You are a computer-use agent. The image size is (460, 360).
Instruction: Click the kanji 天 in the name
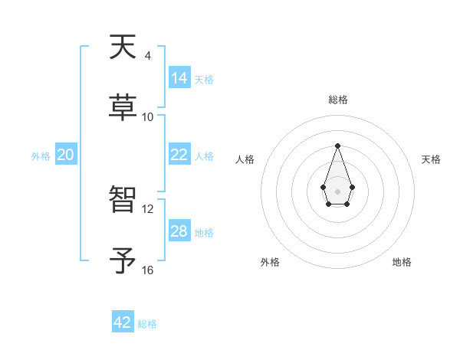coord(124,47)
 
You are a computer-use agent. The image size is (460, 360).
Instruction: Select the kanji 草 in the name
coord(124,106)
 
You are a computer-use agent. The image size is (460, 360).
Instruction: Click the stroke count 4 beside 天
coord(147,56)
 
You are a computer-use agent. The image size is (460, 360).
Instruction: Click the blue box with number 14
coord(179,78)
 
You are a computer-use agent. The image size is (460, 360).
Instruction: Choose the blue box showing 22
coord(179,155)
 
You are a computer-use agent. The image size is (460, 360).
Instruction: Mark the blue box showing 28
coord(179,231)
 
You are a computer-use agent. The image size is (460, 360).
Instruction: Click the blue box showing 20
coord(66,155)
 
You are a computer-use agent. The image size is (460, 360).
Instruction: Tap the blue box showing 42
coord(123,322)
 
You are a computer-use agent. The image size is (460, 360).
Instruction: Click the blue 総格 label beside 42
coord(147,324)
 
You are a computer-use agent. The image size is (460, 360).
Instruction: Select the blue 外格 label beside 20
coord(41,156)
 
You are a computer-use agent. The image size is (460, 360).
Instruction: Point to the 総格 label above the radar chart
coord(337,100)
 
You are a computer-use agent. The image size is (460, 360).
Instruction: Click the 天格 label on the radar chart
coord(432,159)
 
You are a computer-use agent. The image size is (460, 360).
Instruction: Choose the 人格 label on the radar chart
coord(245,159)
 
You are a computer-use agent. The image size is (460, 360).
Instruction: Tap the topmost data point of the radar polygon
coord(337,146)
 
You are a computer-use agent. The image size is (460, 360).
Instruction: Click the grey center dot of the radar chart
coord(337,190)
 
